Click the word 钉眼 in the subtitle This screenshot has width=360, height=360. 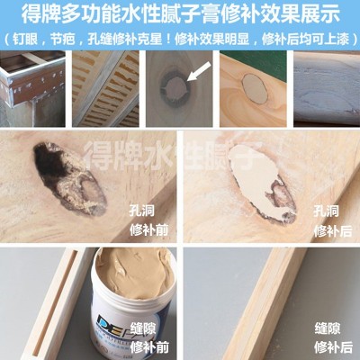[30, 40]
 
